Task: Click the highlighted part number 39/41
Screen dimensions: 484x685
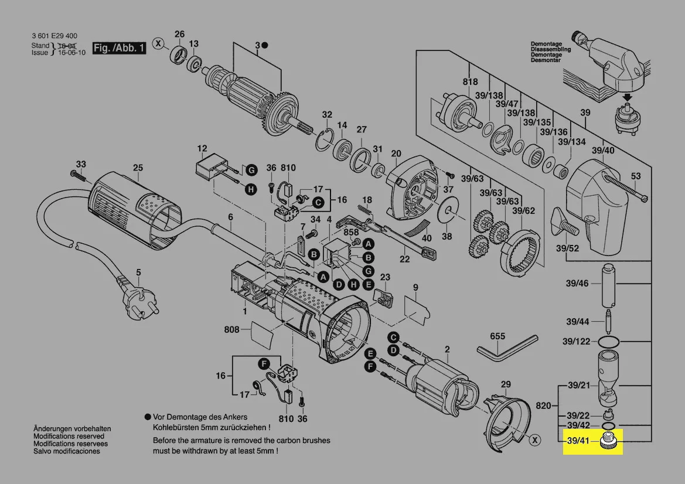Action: pyautogui.click(x=575, y=440)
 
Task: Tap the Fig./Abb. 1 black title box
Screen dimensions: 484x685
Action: pyautogui.click(x=120, y=48)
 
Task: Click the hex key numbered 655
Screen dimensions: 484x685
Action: pyautogui.click(x=506, y=349)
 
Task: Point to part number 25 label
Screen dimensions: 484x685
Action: pyautogui.click(x=137, y=168)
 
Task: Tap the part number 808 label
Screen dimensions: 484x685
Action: pyautogui.click(x=231, y=329)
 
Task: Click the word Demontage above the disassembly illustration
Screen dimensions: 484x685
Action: pyautogui.click(x=546, y=44)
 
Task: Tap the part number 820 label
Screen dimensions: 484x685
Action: pyautogui.click(x=544, y=405)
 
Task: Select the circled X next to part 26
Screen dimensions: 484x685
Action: pyautogui.click(x=158, y=43)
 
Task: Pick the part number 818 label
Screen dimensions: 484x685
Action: pyautogui.click(x=470, y=82)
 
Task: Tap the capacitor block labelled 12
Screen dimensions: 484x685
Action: pyautogui.click(x=208, y=167)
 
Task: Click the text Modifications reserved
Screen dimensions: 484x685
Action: pyautogui.click(x=69, y=437)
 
